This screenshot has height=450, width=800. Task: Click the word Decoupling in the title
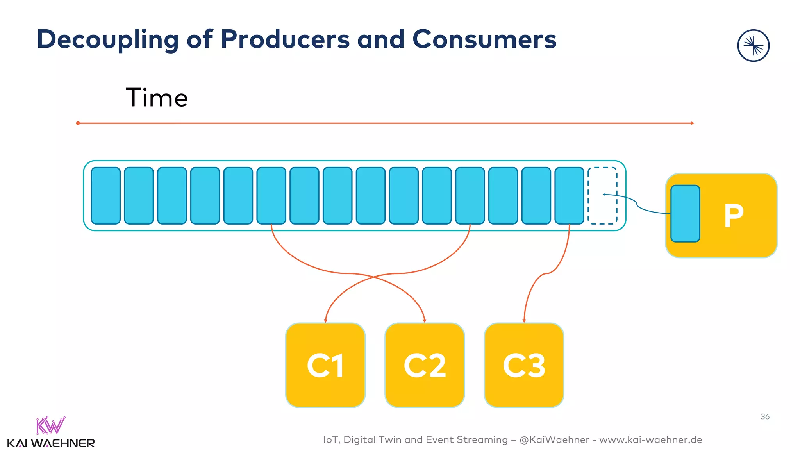pos(107,40)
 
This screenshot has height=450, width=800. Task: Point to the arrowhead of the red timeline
pos(692,123)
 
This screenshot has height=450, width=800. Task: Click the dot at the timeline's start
pos(78,123)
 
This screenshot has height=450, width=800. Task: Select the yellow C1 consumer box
pos(325,365)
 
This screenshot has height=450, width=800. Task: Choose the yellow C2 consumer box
pos(425,365)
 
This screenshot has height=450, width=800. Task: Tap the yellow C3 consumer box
pos(524,365)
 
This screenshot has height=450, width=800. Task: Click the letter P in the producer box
pos(734,215)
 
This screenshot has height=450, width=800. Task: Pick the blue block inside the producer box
pos(685,214)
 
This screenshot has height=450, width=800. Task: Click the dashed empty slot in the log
pos(602,196)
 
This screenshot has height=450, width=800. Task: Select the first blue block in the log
pos(105,196)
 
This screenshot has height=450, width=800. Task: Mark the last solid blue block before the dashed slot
pos(569,196)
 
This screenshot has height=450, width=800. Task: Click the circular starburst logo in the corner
pos(753,46)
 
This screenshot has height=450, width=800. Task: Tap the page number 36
pos(765,416)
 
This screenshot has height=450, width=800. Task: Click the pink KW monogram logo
pos(50,425)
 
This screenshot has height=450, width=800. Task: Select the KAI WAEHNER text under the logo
pos(51,443)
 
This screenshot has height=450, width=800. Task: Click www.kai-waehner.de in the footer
pos(650,440)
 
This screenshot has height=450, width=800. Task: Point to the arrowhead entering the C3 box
pos(524,321)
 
